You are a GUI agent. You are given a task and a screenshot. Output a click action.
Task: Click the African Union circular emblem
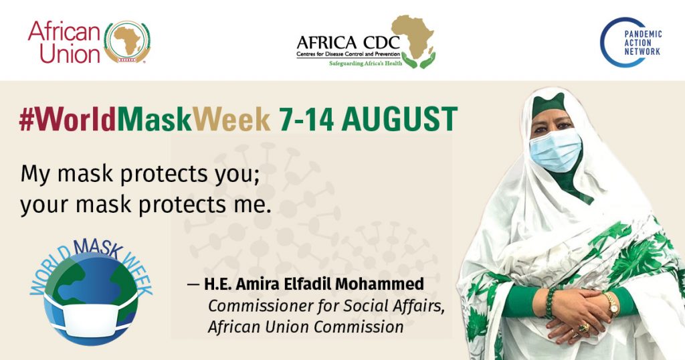coord(127,42)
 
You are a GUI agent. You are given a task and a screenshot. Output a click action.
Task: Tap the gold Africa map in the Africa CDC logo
coord(413,36)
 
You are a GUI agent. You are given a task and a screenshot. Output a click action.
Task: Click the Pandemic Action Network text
coord(643,43)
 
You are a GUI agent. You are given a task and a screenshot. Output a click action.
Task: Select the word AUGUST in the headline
coord(399,119)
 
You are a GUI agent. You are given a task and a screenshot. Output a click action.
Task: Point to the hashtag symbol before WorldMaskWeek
coord(26,119)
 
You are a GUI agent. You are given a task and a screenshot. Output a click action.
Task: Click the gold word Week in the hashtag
coord(231,119)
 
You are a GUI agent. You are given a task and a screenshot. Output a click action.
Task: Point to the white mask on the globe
coord(90,317)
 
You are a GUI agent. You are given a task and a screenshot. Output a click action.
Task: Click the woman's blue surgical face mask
coord(555,151)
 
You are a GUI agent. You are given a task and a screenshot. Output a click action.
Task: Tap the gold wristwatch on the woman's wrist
coord(612,304)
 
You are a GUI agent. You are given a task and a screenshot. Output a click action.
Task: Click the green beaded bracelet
coord(550,302)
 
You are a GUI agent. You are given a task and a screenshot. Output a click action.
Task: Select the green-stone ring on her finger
coord(583,328)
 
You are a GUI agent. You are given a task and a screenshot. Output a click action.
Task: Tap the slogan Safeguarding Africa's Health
coord(365,64)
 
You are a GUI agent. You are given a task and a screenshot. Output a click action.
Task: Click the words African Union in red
coord(65,43)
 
